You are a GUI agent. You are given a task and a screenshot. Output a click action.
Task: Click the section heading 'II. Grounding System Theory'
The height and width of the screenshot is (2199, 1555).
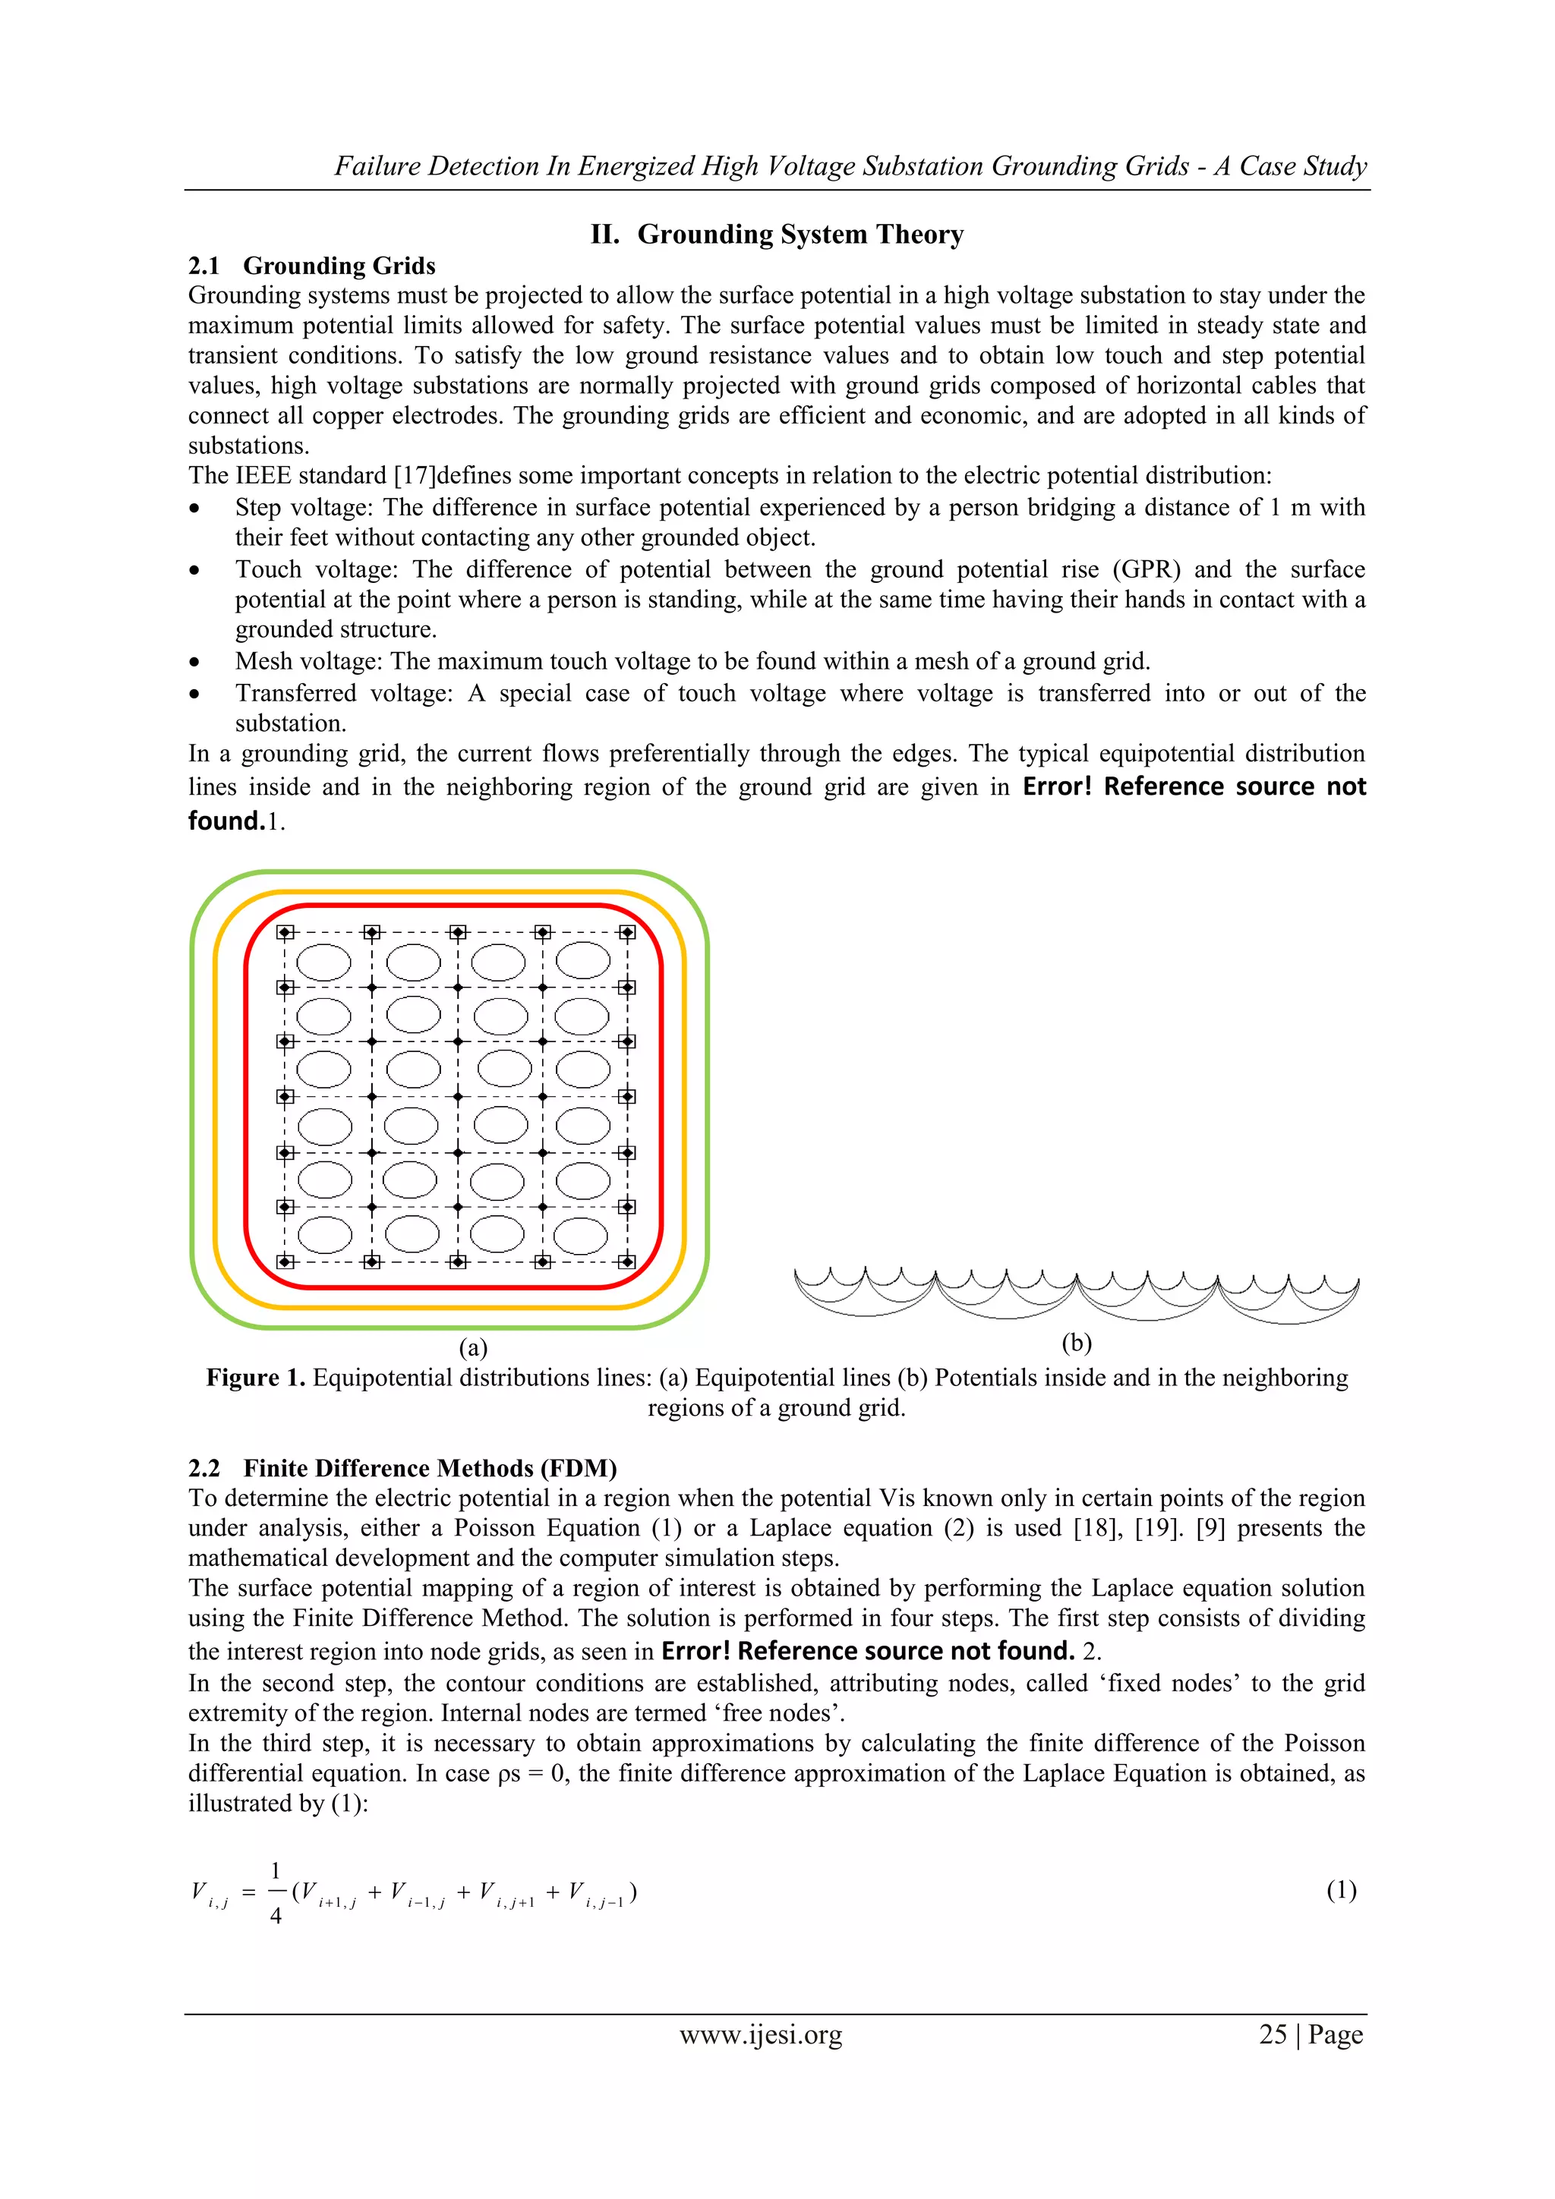(777, 235)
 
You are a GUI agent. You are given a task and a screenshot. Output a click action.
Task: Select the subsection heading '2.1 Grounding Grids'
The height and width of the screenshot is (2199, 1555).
(311, 266)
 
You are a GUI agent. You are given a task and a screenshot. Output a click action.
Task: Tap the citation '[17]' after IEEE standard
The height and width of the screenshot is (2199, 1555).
(414, 476)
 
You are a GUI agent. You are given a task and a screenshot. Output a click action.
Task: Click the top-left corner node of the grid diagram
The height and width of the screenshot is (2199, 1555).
(285, 933)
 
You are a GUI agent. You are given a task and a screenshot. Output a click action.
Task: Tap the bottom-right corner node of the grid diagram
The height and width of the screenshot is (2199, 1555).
(628, 1262)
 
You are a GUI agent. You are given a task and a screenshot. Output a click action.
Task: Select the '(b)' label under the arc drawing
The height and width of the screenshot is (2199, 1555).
(1077, 1343)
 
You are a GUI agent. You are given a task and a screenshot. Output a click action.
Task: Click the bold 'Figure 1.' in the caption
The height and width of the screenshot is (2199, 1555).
(256, 1378)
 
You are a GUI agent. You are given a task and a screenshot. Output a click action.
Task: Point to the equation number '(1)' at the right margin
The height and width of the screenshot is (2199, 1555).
(1342, 1891)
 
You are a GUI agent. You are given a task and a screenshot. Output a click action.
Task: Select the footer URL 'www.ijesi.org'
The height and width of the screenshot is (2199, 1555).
(761, 2034)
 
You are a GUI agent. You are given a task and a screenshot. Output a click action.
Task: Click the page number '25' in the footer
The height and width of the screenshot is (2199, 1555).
(1273, 2034)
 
